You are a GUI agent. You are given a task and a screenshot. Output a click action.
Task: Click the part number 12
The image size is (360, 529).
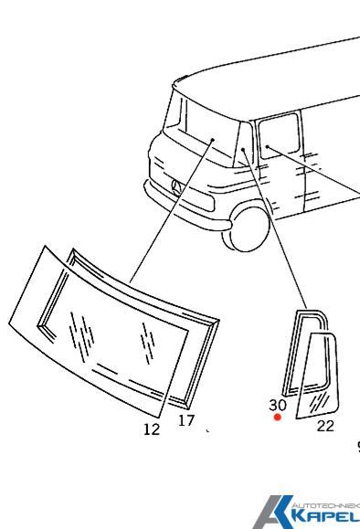153,429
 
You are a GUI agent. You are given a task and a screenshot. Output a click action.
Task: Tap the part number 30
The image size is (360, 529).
278,404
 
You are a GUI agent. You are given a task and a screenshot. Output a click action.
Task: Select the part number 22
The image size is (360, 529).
325,424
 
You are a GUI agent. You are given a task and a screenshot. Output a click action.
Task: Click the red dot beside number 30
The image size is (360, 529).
278,418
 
